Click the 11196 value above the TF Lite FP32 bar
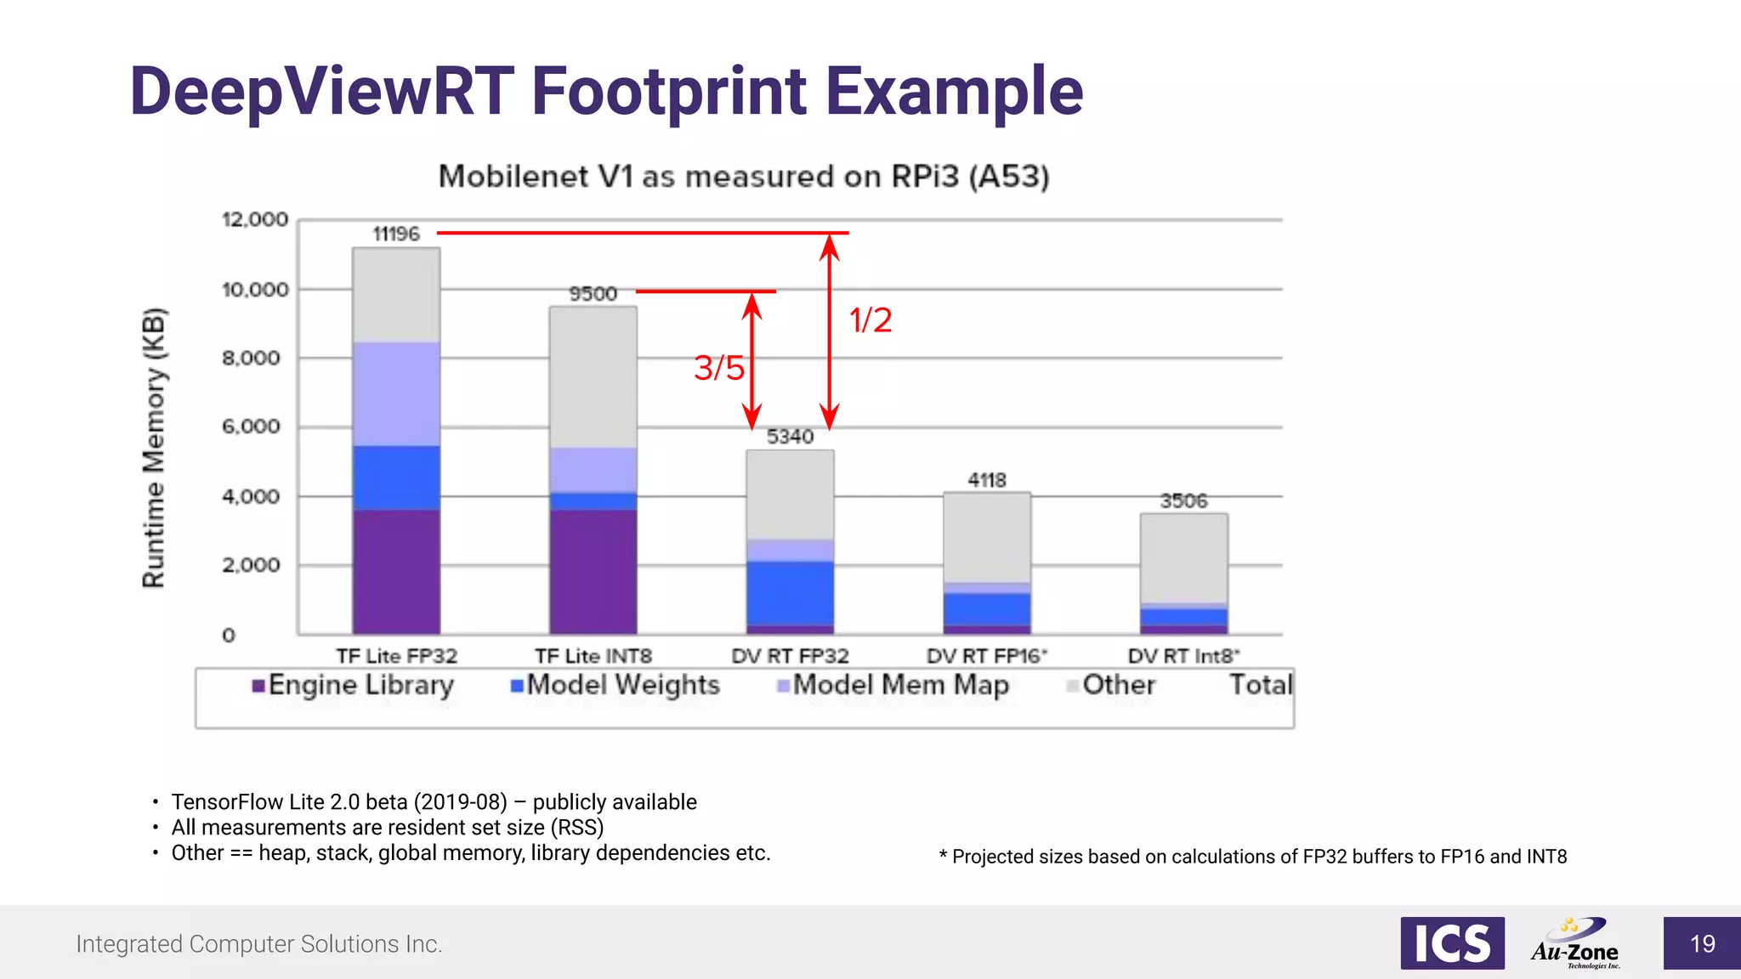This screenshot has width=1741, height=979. tap(396, 234)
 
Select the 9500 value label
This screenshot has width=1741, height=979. tap(593, 294)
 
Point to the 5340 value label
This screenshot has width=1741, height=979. tap(790, 437)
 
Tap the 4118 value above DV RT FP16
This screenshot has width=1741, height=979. tap(986, 480)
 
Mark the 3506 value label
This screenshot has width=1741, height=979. tap(1183, 501)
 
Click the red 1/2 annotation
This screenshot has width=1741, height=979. tap(870, 320)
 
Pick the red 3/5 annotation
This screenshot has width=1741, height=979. tap(718, 368)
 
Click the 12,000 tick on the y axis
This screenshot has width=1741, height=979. tap(255, 219)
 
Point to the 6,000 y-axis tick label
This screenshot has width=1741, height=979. tap(251, 427)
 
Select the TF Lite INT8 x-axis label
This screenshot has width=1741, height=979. tap(593, 656)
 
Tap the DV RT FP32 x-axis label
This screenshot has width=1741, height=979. tap(790, 656)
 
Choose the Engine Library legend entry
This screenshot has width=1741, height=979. tap(353, 685)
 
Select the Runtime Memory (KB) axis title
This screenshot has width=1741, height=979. tap(154, 448)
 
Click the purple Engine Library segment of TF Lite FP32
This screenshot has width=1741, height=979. tap(396, 571)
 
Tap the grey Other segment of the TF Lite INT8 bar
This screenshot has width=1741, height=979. tap(593, 376)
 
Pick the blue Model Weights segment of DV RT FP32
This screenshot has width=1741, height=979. tap(790, 593)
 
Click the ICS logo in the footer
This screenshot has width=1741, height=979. tap(1452, 943)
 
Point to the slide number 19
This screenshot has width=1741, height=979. tap(1702, 943)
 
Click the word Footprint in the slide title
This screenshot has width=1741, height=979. tap(668, 92)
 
